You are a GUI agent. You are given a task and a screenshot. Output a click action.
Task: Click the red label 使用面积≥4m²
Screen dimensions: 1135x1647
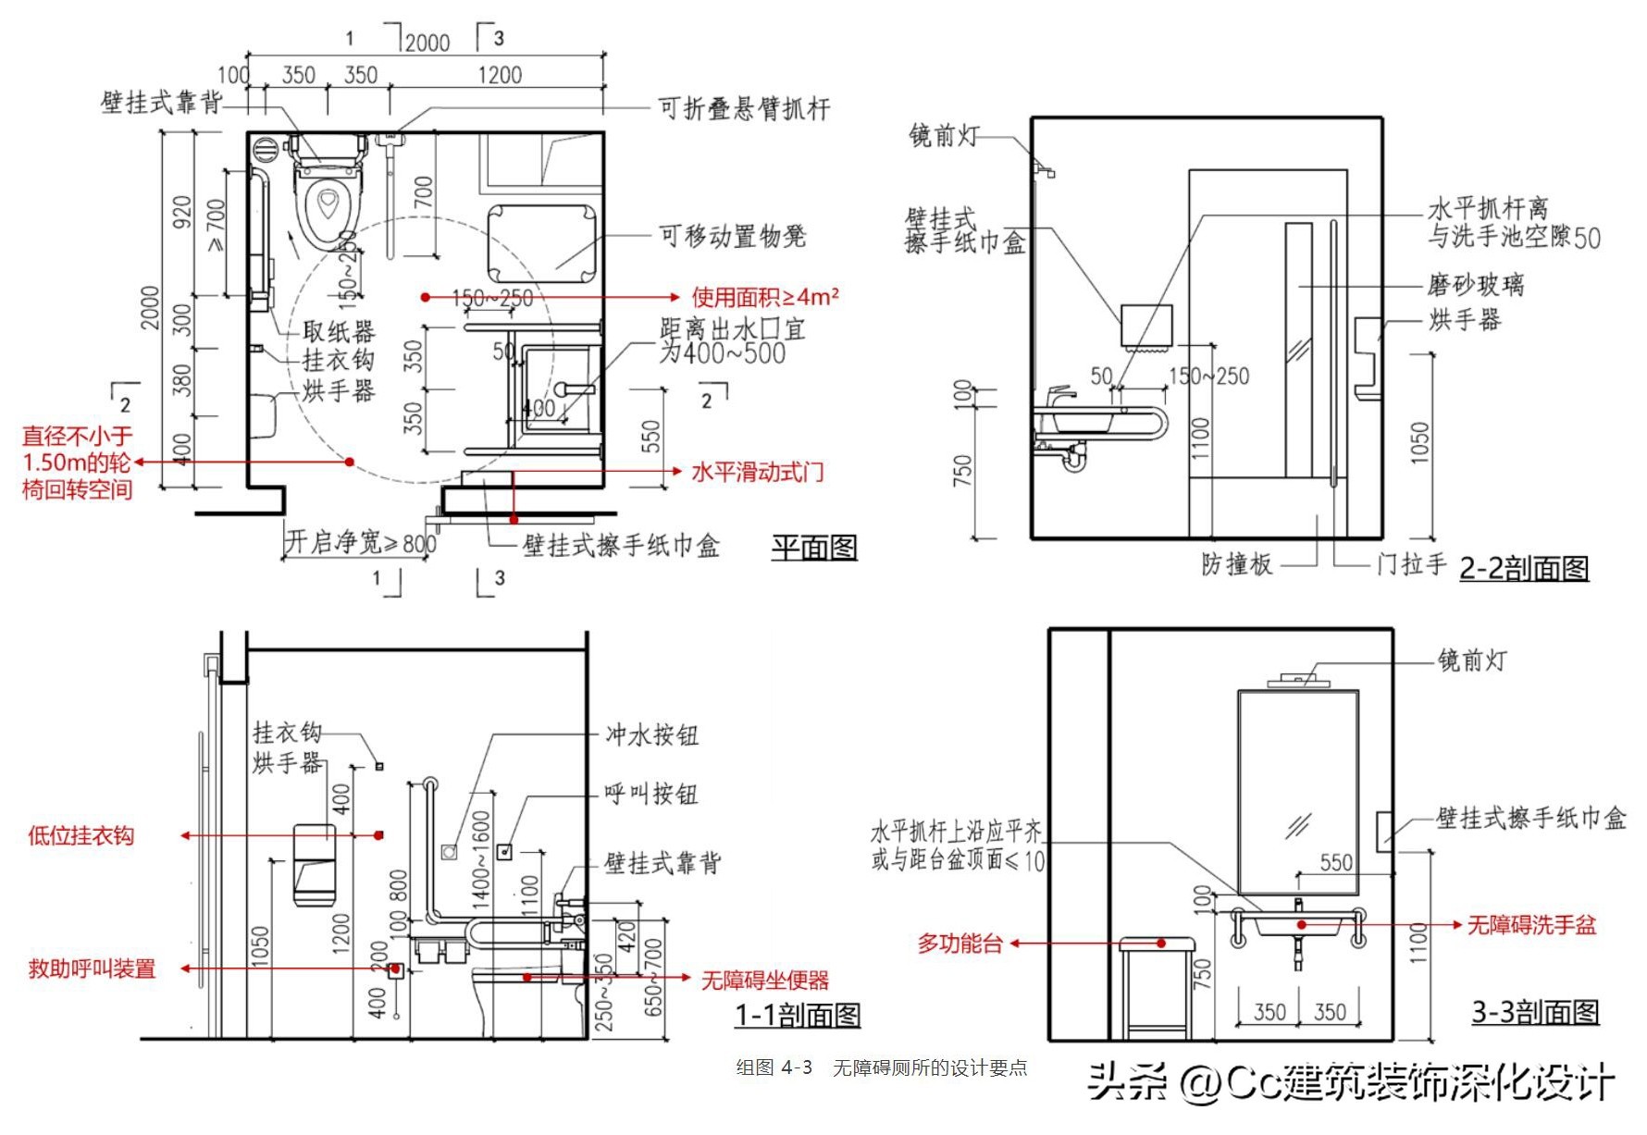[764, 297]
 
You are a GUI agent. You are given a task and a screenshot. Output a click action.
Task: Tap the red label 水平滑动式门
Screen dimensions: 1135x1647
[757, 472]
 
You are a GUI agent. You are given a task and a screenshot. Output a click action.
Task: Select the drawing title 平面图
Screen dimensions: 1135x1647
[814, 548]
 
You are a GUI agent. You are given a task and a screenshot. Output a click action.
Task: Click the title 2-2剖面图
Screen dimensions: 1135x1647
[1523, 567]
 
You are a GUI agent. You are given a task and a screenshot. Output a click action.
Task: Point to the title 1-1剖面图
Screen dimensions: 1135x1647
[798, 1015]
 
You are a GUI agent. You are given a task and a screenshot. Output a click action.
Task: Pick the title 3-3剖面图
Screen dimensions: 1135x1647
[1535, 1012]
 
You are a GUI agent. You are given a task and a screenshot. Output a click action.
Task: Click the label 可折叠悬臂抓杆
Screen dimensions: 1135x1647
[744, 109]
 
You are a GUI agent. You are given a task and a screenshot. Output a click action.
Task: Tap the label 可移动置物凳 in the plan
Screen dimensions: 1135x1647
[732, 236]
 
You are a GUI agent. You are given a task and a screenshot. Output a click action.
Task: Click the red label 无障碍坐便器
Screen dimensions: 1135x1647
[764, 980]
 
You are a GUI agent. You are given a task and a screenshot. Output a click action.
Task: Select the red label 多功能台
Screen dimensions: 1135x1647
[960, 944]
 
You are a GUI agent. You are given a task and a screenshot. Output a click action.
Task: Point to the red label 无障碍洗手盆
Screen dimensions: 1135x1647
[1531, 924]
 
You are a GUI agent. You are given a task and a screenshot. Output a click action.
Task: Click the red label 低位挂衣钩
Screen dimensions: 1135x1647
[80, 836]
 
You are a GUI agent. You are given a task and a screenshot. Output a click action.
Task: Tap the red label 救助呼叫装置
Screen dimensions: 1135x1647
[92, 968]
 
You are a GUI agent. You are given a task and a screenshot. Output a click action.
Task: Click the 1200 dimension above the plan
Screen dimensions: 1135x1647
[500, 75]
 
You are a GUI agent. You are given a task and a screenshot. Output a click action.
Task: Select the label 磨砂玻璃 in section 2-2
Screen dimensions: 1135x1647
[1475, 284]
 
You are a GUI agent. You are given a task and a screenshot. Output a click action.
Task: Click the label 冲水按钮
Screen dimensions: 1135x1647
[651, 735]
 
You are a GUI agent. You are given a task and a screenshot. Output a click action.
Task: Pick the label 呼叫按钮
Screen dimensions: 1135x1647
[650, 794]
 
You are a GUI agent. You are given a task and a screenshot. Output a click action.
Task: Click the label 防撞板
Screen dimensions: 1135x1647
[1236, 563]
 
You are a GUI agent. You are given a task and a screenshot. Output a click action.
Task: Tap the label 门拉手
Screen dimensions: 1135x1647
[1411, 563]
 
